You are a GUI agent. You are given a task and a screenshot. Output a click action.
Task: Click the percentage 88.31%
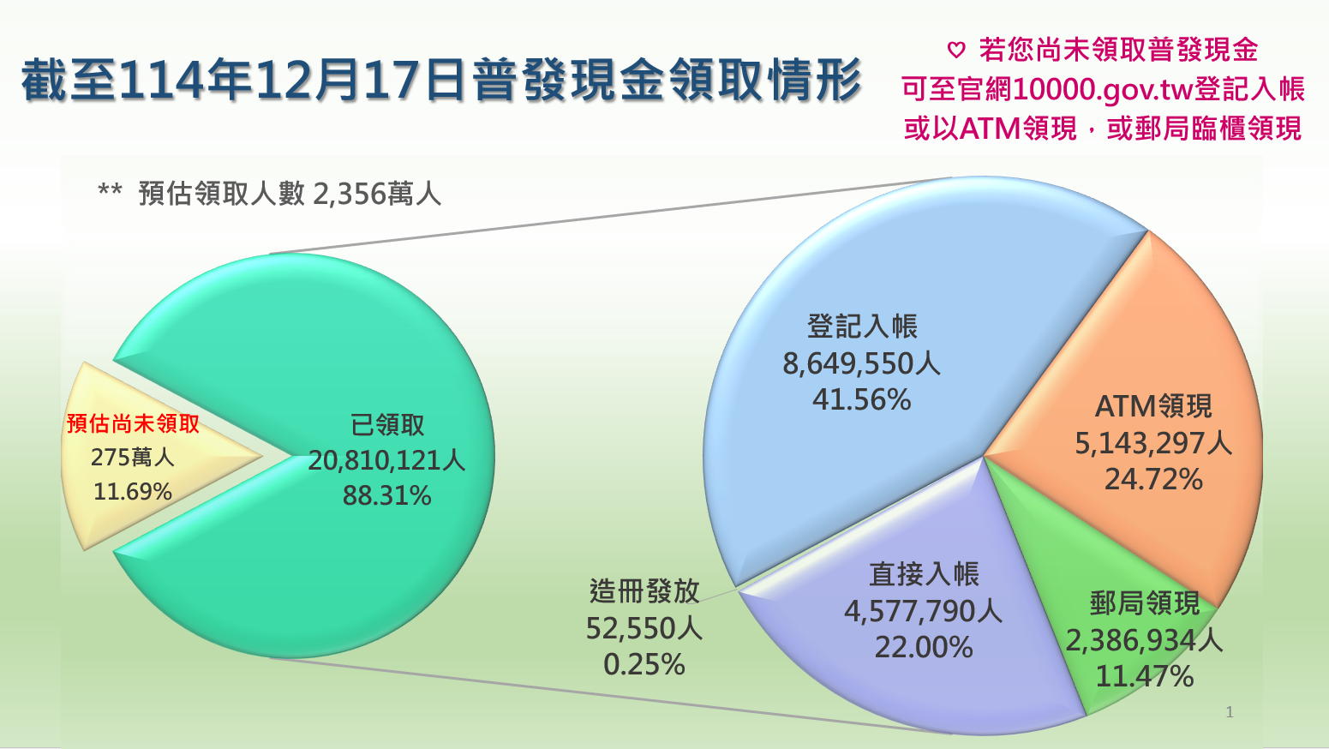[386, 496]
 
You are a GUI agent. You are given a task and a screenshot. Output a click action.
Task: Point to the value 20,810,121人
[386, 461]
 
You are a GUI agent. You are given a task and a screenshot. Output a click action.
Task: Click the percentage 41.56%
[861, 400]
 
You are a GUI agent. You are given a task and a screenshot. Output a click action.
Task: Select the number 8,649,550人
[861, 364]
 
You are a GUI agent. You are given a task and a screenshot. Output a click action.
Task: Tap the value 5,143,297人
[1153, 443]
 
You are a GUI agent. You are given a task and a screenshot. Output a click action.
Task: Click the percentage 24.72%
[1153, 480]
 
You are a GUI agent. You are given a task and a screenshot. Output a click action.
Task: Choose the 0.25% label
[644, 665]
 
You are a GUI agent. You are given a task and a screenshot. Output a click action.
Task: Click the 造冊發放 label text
[644, 591]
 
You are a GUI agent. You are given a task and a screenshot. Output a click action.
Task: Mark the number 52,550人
[644, 629]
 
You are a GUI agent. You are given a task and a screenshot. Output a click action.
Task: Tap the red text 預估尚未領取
[133, 423]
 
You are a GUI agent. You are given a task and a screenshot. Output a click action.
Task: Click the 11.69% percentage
[133, 492]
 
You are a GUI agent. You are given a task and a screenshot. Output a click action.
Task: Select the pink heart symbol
[956, 51]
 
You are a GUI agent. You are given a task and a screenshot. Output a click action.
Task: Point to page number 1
[1230, 712]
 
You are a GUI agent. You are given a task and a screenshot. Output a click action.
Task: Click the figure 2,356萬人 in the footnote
[377, 195]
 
